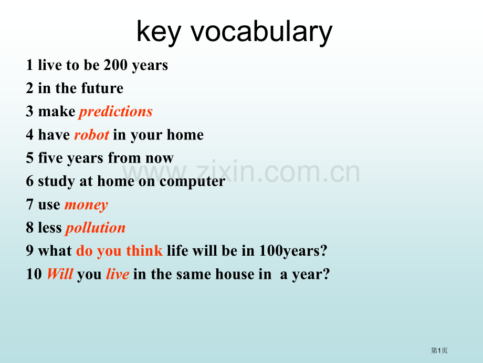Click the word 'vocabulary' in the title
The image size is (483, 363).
point(261,32)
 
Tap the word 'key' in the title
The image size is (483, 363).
point(159,33)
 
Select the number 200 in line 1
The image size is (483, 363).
point(115,65)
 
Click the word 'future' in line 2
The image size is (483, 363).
point(102,88)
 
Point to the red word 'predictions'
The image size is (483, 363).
point(116,112)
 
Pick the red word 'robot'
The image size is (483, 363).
point(92,135)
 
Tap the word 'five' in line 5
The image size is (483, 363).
point(50,158)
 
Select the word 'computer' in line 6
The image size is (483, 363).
point(193,181)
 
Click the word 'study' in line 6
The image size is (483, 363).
point(56,181)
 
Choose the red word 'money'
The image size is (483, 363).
point(86,205)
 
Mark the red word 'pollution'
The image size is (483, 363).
point(96,228)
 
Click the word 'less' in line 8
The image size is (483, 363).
point(50,227)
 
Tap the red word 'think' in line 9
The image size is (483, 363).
point(144,250)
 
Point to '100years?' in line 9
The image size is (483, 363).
point(293,250)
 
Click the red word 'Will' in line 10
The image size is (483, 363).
point(60,274)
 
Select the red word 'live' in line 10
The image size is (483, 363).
point(118,274)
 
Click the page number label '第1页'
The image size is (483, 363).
point(439,350)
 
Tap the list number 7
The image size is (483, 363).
point(29,204)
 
